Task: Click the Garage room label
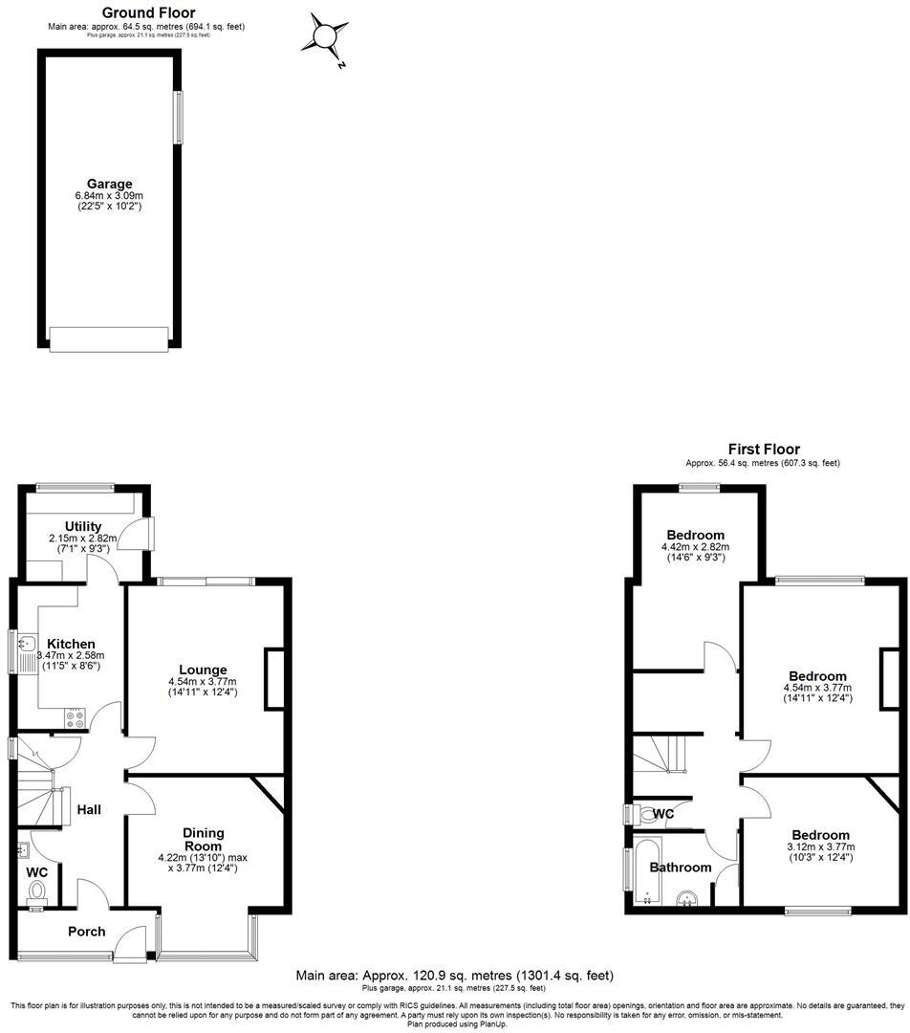tap(109, 184)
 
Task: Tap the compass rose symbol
tap(325, 37)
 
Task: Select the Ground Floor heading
tap(148, 12)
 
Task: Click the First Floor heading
tap(764, 449)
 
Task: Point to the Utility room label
tap(83, 526)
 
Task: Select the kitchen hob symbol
tap(75, 714)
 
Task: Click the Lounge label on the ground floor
tap(203, 670)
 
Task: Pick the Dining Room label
tap(203, 839)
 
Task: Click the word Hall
tap(89, 809)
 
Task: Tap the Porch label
tap(86, 932)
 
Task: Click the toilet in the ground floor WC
tap(38, 891)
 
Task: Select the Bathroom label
tap(681, 868)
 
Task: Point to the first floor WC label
tap(663, 814)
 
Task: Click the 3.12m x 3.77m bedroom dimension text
tap(819, 846)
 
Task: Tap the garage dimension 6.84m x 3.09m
tap(109, 196)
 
